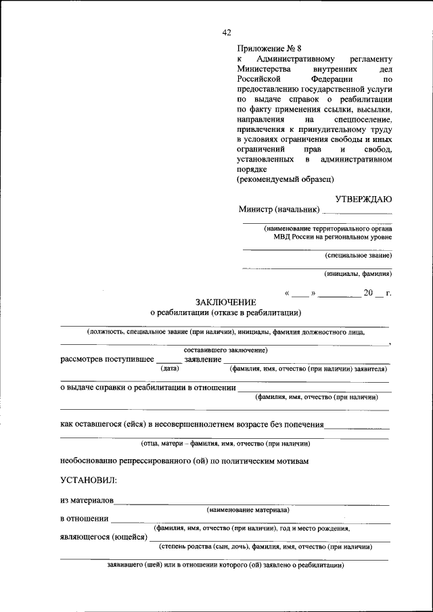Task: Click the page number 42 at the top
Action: click(x=227, y=32)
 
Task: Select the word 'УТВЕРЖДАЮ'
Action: click(x=363, y=199)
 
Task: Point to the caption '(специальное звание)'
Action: click(x=357, y=255)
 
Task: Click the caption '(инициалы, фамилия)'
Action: click(x=357, y=274)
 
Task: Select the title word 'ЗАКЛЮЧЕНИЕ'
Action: click(x=225, y=302)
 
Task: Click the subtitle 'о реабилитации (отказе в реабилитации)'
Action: click(x=225, y=313)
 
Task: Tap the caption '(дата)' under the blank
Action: click(x=169, y=369)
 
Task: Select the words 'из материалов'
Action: click(x=87, y=501)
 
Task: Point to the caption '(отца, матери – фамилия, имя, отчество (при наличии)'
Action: click(x=225, y=444)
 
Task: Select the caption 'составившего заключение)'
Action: click(x=225, y=350)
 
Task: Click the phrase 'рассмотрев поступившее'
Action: click(x=106, y=359)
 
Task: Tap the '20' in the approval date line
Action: click(x=369, y=293)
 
